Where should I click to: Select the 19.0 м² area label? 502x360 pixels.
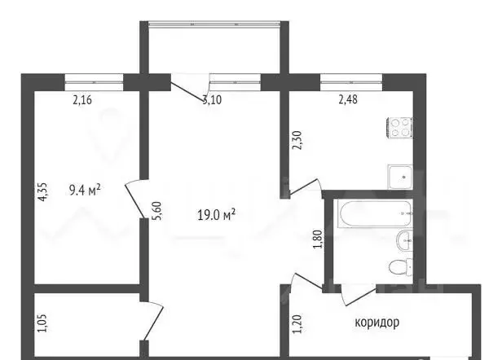(217, 215)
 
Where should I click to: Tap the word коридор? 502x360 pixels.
(376, 323)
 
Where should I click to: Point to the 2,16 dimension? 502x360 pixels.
(82, 100)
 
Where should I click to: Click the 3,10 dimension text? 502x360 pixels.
(212, 100)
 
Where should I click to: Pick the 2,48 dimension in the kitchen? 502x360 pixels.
(348, 99)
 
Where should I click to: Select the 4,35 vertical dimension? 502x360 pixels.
(42, 191)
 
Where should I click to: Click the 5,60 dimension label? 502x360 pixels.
(159, 210)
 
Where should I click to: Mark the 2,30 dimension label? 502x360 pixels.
(297, 140)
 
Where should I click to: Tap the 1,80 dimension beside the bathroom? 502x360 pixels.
(318, 239)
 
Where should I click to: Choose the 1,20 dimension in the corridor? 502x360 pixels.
(297, 324)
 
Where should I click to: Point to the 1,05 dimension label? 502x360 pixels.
(42, 323)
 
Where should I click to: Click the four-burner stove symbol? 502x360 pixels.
(400, 128)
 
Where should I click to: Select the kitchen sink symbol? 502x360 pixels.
(400, 177)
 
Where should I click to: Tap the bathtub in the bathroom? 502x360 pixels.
(375, 213)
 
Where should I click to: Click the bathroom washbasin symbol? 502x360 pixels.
(405, 240)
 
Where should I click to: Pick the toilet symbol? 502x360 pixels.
(401, 267)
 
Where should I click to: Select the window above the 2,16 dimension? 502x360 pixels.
(94, 82)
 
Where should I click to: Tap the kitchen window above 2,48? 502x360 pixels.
(351, 82)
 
